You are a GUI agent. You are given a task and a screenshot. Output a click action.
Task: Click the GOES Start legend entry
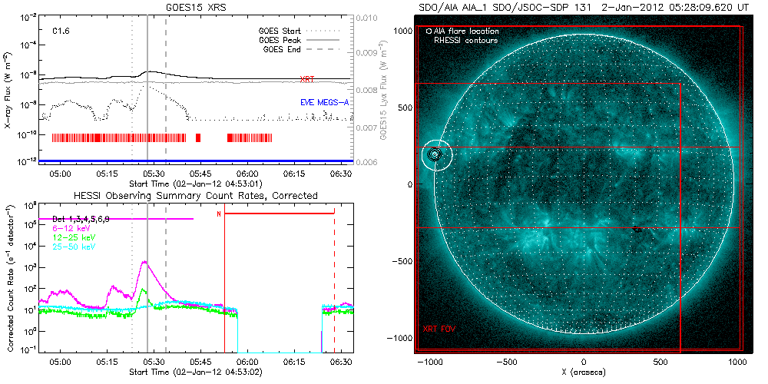(x=282, y=31)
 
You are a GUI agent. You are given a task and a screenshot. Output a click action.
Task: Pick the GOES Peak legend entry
(x=282, y=40)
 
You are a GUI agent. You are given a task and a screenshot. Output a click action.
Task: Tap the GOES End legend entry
(x=284, y=49)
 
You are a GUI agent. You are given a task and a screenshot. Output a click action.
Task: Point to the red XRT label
(x=306, y=79)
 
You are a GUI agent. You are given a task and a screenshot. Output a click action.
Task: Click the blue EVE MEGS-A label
(x=321, y=102)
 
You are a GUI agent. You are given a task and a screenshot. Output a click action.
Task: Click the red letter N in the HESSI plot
(x=219, y=214)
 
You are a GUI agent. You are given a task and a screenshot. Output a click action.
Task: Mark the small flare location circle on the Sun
(x=435, y=154)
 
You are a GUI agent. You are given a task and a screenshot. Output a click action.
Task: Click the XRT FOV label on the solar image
(x=438, y=329)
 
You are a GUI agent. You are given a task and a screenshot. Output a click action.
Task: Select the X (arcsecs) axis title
(x=584, y=372)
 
